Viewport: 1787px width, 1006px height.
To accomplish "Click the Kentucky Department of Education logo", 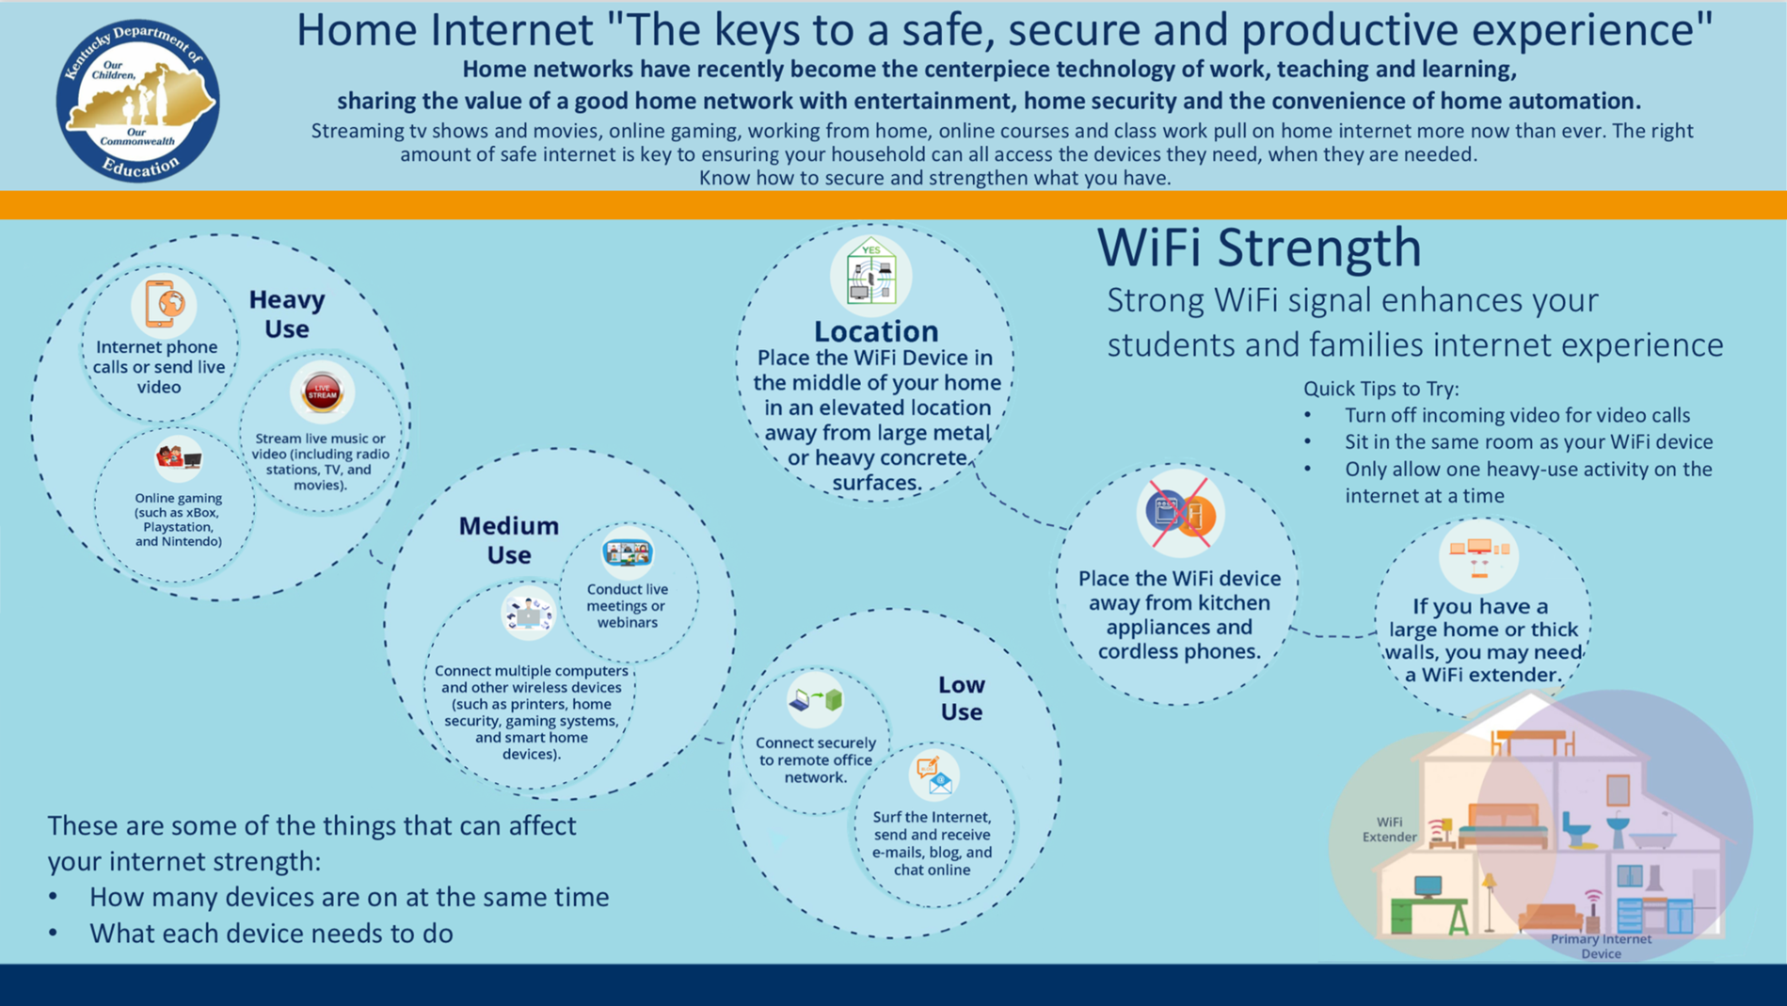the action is [138, 101].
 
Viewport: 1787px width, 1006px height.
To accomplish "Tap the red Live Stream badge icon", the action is [322, 391].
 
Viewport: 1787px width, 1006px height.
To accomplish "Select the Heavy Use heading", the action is [287, 313].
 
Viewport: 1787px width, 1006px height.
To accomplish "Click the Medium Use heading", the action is [508, 539].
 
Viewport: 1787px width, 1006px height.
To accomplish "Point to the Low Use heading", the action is [961, 697].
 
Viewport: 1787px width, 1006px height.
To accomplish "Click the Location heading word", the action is [876, 330].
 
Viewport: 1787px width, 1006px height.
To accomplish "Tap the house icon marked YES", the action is [871, 275].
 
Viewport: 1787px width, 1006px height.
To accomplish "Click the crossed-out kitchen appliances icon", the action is [1180, 513].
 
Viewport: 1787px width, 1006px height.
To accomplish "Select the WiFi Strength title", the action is [1259, 248].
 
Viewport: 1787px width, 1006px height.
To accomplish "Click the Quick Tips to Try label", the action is [1380, 389].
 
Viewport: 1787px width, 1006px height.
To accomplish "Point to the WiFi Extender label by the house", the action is [1389, 829].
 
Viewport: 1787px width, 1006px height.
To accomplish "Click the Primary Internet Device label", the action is [1601, 946].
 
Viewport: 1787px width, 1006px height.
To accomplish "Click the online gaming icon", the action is [179, 458].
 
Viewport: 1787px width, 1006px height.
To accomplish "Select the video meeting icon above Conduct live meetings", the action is [628, 552].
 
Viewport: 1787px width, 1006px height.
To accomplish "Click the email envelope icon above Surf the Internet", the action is [934, 774].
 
